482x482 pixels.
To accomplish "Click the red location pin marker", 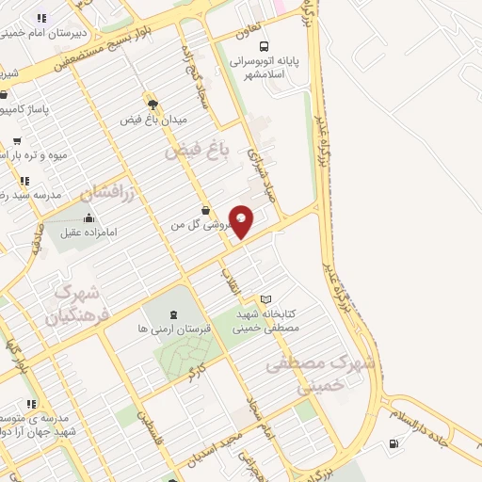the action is tap(242, 221).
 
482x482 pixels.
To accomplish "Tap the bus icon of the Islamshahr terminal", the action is tap(265, 45).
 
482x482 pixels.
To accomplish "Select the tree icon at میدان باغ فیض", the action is tap(150, 104).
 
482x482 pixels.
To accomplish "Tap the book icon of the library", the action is tap(265, 299).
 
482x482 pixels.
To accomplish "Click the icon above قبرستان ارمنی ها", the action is tap(172, 314).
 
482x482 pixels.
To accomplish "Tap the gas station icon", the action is tap(393, 443).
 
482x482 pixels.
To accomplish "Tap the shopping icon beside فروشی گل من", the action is tap(205, 211).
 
